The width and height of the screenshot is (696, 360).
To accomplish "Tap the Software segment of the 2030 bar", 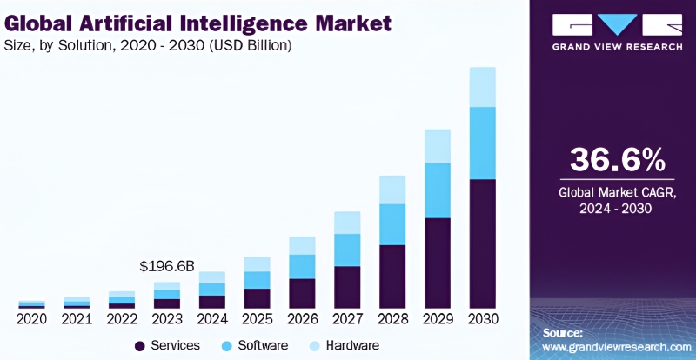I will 483,143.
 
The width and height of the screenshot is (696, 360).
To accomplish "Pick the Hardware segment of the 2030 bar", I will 483,86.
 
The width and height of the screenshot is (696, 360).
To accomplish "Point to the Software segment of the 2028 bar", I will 392,224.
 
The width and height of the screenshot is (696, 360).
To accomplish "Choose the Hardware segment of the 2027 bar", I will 347,222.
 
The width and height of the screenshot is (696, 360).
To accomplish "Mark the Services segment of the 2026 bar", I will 302,293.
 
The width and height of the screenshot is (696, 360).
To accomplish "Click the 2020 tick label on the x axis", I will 31,320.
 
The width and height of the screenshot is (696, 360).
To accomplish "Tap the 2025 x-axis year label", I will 257,320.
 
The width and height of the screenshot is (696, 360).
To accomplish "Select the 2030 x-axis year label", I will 483,320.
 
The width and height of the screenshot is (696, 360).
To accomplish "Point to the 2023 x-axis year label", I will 167,320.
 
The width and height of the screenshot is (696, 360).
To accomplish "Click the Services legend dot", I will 139,346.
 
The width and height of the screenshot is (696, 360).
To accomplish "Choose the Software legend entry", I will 257,346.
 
